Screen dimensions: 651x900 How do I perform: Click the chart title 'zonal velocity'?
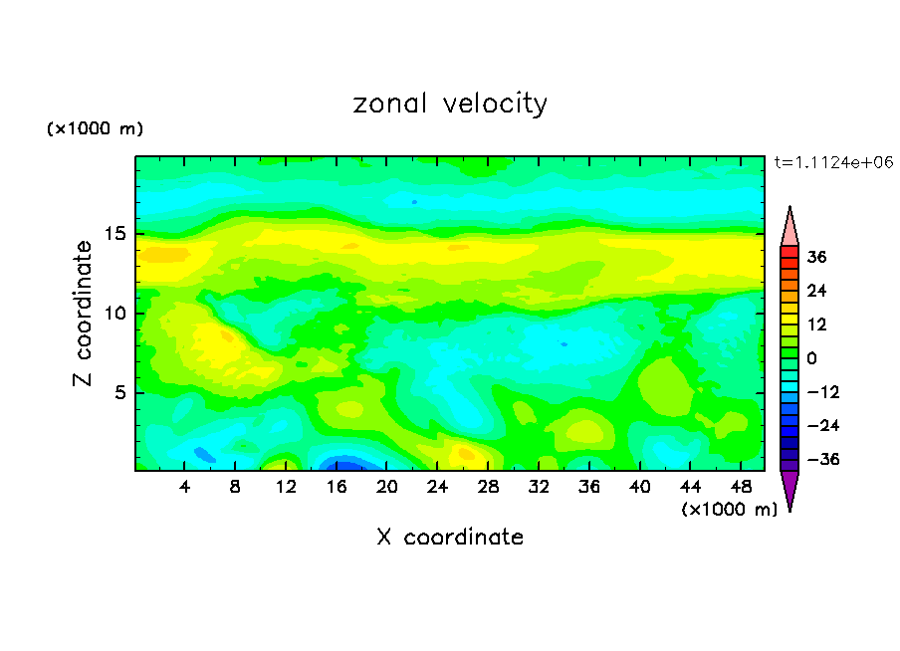[450, 104]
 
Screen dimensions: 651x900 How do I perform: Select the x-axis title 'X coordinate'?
[450, 538]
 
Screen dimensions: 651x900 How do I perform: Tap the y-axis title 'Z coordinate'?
[84, 313]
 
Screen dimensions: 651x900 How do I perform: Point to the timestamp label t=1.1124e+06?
[833, 162]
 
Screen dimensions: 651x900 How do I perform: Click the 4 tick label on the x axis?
[185, 487]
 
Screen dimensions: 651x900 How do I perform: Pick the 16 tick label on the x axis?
[337, 487]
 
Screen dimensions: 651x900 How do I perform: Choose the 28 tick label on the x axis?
[488, 487]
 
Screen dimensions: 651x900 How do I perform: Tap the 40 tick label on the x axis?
[639, 487]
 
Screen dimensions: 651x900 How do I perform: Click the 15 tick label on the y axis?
[114, 234]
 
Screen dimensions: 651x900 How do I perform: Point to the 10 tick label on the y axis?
[114, 314]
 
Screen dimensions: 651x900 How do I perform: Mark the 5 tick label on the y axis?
[119, 393]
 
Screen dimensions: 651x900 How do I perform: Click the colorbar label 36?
[817, 257]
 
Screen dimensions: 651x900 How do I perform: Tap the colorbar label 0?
[812, 358]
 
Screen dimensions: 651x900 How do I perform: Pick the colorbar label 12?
[816, 325]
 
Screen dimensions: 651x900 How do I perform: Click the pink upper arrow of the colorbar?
[789, 227]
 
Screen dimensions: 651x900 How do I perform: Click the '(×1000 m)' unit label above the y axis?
[95, 129]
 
